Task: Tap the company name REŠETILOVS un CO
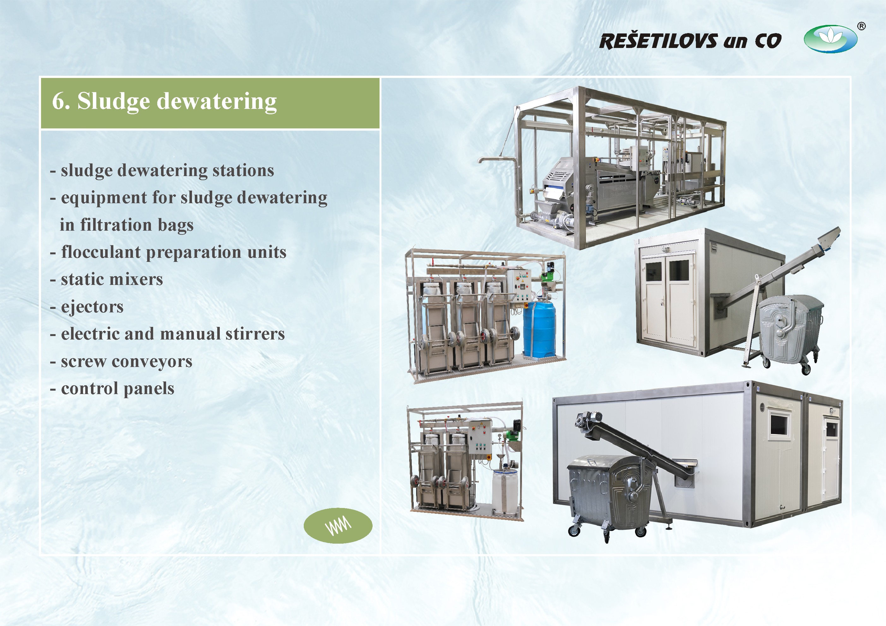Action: click(x=690, y=41)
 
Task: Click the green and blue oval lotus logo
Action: click(x=830, y=39)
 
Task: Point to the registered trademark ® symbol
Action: click(x=861, y=26)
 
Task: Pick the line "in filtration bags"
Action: click(x=127, y=225)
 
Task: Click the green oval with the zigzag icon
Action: click(x=338, y=526)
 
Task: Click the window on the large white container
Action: click(x=779, y=425)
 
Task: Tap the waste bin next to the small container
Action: click(x=790, y=332)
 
